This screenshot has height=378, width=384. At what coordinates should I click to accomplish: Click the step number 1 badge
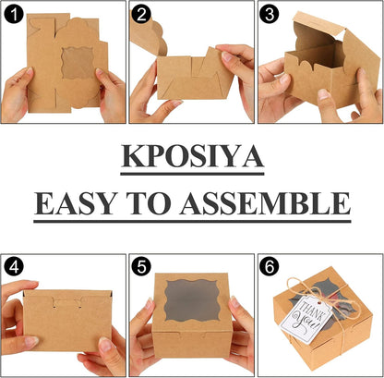(x=13, y=14)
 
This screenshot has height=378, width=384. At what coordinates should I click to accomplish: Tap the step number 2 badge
(x=141, y=14)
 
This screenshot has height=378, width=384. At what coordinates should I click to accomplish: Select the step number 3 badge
(x=269, y=14)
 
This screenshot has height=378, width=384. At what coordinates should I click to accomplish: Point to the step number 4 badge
(x=13, y=267)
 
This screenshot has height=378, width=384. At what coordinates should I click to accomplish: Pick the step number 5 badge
(x=141, y=267)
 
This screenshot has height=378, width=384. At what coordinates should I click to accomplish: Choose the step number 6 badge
(x=269, y=267)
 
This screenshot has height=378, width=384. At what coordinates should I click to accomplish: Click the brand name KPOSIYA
(x=192, y=157)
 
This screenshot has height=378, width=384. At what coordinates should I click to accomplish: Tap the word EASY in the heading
(x=76, y=202)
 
